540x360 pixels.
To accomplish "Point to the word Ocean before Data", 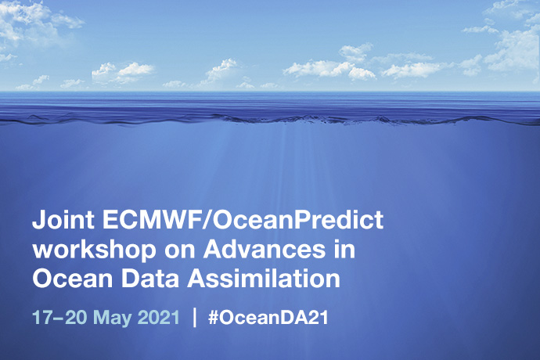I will pyautogui.click(x=64, y=279).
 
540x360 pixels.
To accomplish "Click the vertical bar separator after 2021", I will pyautogui.click(x=195, y=319).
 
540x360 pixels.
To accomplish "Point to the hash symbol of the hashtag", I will pyautogui.click(x=214, y=319).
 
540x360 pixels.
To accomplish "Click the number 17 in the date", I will pyautogui.click(x=41, y=319).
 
